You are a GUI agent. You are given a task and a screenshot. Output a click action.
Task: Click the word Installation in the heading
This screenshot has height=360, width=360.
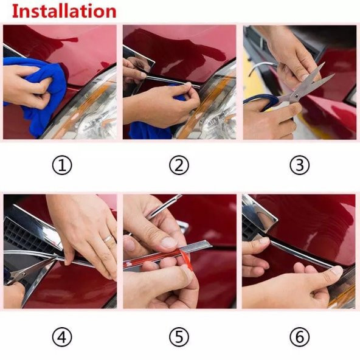coord(64,11)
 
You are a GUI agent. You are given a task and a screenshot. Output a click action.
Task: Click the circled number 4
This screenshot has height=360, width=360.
coord(61,336)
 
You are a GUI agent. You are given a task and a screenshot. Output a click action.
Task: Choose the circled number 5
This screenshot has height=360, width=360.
coord(179,336)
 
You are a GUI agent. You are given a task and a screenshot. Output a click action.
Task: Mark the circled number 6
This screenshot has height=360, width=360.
coord(299,336)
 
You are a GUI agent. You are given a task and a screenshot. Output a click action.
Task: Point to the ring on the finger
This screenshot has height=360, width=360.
coord(108,238)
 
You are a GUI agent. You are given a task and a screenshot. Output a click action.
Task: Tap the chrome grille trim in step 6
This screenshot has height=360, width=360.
coord(258,213)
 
